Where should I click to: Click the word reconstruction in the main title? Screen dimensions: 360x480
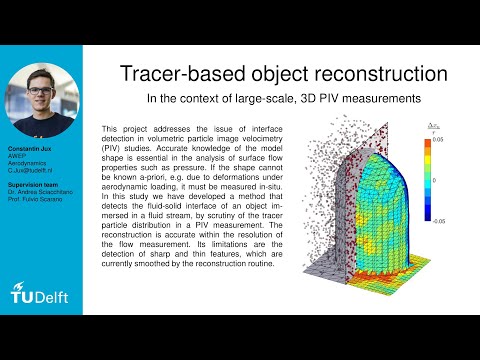pos(365,74)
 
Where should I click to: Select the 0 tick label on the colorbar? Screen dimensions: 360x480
pos(432,180)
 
